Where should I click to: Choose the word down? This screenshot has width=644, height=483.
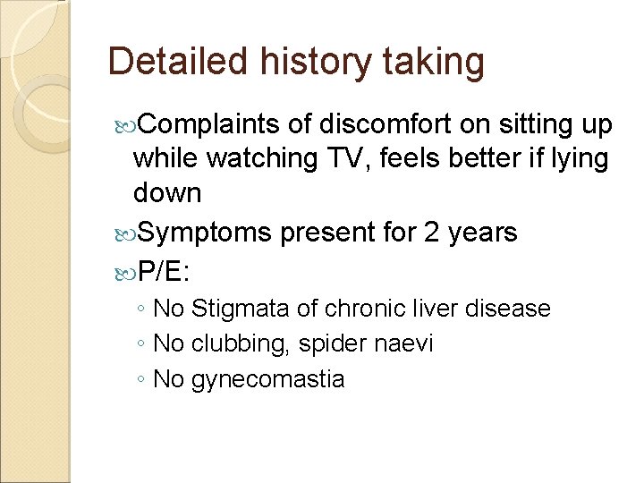coord(167,192)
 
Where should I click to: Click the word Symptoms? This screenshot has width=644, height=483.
coord(205,233)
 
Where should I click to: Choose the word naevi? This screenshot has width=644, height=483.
coord(402,344)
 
